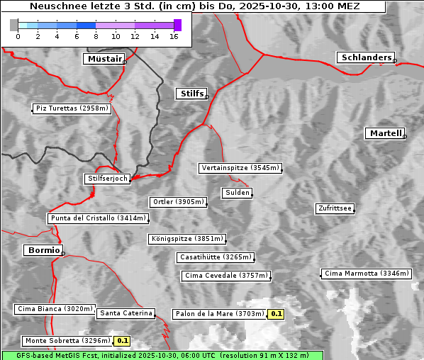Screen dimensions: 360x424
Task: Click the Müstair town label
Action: coord(104,59)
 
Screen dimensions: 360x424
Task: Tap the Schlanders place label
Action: coord(365,57)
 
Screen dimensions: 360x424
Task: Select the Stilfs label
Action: coord(191,94)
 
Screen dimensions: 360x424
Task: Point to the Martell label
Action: coord(385,133)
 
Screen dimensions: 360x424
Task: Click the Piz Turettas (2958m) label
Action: coord(72,108)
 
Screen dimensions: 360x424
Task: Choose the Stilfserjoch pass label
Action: coord(107,179)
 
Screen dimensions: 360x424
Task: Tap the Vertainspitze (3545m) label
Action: coord(240,168)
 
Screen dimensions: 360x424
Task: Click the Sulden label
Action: coord(237,193)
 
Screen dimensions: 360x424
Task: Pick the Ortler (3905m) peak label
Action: coord(178,202)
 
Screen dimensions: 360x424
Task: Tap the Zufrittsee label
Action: coord(335,208)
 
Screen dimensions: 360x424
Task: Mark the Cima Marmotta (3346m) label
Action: coord(366,274)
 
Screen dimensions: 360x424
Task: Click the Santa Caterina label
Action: coord(125,313)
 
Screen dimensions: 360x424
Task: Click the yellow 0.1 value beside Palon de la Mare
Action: coord(276,314)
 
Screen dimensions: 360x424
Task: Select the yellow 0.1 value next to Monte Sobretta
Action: coord(121,341)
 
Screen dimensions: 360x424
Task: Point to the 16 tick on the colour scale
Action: coord(174,36)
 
